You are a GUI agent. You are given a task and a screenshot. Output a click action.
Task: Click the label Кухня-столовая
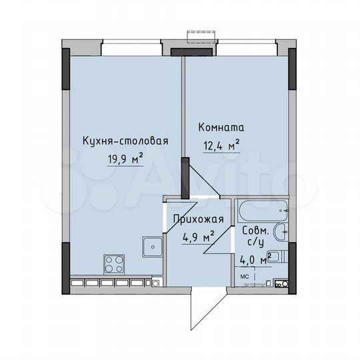[125, 141]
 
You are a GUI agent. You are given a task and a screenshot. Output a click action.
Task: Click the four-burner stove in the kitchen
[114, 262]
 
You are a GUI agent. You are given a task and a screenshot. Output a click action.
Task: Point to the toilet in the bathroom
[279, 256]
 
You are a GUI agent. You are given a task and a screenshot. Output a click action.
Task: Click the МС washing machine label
[245, 275]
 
